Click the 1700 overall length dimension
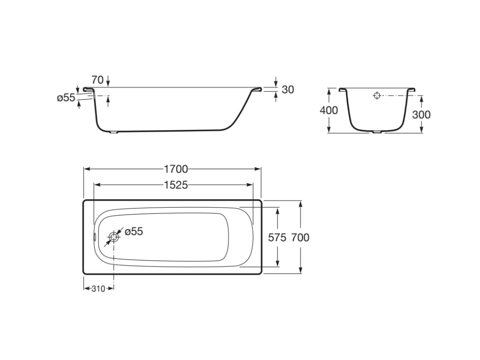[176, 169]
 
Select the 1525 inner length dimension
[176, 185]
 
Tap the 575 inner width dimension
[277, 237]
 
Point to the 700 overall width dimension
[300, 237]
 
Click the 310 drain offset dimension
[98, 288]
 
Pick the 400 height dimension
[329, 110]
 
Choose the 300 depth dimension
[421, 114]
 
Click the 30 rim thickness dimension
[288, 90]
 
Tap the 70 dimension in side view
[97, 80]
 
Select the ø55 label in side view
[66, 97]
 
